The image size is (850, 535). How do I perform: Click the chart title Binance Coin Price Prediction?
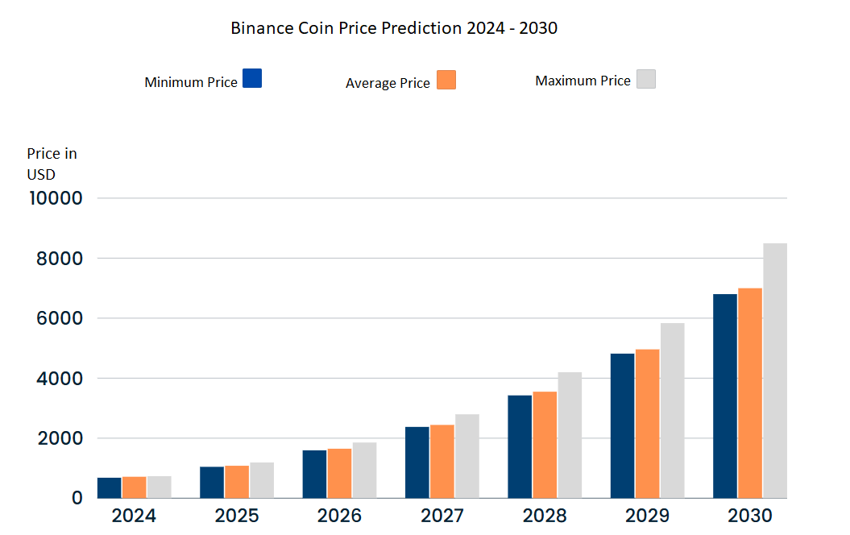click(394, 28)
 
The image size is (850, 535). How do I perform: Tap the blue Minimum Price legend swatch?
click(252, 78)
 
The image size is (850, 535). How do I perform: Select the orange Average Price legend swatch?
click(446, 80)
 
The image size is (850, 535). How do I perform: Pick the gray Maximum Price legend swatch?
click(646, 78)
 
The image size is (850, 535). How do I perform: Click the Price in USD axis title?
click(52, 162)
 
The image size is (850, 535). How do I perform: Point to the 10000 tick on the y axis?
click(55, 198)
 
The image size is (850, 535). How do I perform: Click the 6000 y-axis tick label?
click(56, 318)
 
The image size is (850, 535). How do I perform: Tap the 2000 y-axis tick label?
click(56, 438)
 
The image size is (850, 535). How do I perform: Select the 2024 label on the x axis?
click(134, 516)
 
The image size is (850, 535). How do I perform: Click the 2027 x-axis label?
click(442, 516)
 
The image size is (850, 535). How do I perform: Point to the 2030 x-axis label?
click(749, 516)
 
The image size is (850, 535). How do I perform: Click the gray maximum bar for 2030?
click(775, 371)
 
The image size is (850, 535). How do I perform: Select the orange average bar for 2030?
click(750, 393)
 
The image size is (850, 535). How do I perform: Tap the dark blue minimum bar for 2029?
click(622, 425)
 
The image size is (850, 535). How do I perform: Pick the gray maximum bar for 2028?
click(570, 435)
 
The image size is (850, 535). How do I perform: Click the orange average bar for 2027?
click(442, 461)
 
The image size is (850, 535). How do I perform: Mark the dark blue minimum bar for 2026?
click(314, 474)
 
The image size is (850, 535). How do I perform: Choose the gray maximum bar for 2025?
click(262, 480)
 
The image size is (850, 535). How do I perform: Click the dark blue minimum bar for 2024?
click(109, 487)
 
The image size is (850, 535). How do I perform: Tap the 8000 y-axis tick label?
click(56, 259)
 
